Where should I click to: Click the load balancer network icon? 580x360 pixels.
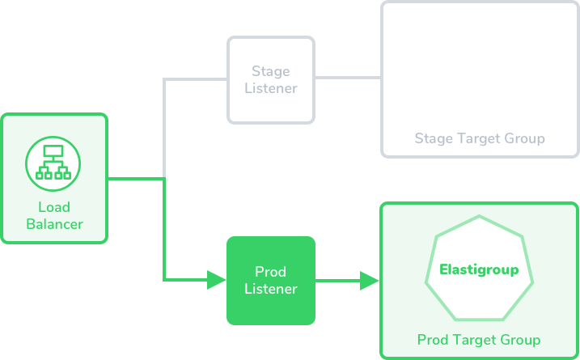[x=53, y=163]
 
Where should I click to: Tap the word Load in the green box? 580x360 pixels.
[x=54, y=207]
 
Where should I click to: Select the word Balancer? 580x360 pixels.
[x=54, y=224]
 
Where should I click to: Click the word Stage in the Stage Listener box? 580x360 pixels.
[x=271, y=72]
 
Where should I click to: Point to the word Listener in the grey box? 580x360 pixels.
[x=271, y=88]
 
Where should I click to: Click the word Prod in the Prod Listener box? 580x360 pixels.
[x=271, y=272]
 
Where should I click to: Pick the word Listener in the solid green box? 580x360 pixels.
[x=271, y=289]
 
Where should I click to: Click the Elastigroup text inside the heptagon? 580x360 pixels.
[x=479, y=269]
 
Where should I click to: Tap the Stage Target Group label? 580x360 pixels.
[x=480, y=139]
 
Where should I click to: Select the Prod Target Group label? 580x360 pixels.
[x=479, y=340]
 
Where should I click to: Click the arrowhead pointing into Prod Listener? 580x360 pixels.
[x=217, y=280]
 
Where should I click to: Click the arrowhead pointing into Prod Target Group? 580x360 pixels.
[x=369, y=281]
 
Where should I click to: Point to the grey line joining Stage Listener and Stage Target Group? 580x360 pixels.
[x=348, y=78]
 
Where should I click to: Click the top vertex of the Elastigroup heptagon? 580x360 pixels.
[x=479, y=216]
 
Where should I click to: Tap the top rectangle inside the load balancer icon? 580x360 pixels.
[x=53, y=151]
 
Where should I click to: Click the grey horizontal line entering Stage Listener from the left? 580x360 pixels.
[x=195, y=79]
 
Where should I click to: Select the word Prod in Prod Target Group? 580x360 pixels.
[x=433, y=340]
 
